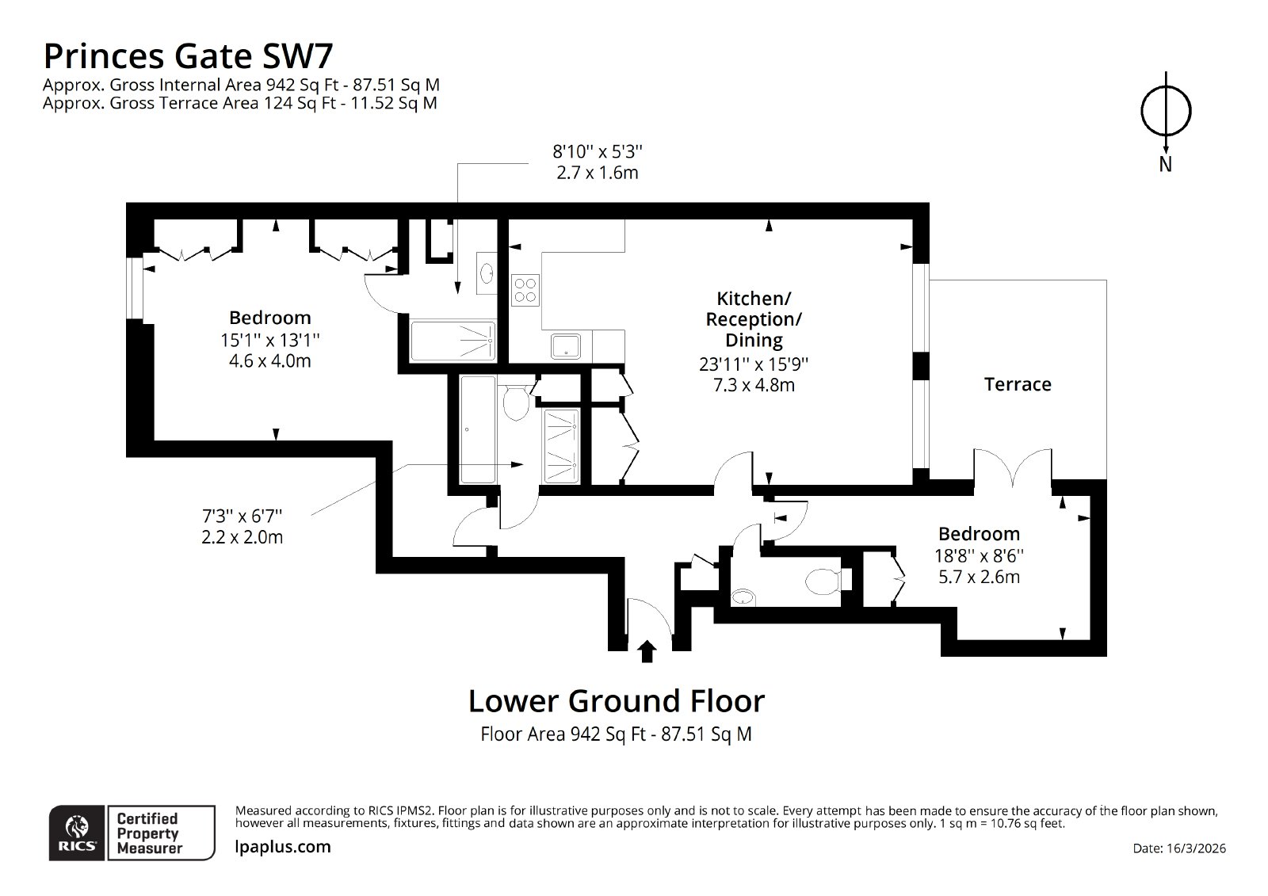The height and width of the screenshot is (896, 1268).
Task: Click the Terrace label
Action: pos(1018,384)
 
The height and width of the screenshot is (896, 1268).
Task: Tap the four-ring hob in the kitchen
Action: pos(525,290)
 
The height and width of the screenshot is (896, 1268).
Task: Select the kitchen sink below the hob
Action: pos(566,346)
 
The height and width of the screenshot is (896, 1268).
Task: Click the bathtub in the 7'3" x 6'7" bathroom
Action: pos(479,429)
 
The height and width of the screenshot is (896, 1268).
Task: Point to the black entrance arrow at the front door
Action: pos(647,651)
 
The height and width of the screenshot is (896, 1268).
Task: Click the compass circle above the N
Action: pos(1166,111)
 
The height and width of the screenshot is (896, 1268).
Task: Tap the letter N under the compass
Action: pos(1165,164)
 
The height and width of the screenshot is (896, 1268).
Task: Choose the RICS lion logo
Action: pos(77,833)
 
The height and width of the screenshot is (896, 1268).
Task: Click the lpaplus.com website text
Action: pos(282,847)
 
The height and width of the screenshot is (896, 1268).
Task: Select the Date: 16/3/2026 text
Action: pos(1179,848)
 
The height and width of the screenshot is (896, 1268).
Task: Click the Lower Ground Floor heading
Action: pos(617,701)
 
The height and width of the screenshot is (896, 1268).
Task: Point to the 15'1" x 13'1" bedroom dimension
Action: pos(270,340)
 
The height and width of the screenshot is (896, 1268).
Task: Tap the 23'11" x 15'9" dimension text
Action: pos(754,364)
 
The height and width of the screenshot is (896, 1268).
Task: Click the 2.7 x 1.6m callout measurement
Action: pos(598,173)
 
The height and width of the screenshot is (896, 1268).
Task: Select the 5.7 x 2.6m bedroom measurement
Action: pos(979,577)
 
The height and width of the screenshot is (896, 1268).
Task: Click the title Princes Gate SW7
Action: pos(188,56)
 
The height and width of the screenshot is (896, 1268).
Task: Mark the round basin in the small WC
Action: pos(743,597)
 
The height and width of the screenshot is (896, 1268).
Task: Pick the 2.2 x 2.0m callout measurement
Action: pos(243,536)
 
